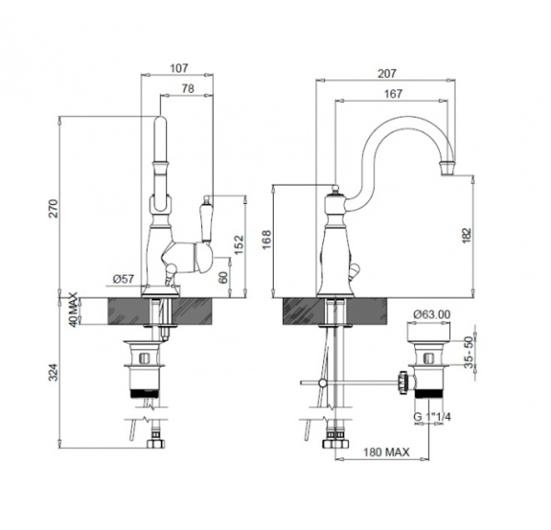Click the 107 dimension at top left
click(179, 68)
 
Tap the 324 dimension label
click(52, 372)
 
